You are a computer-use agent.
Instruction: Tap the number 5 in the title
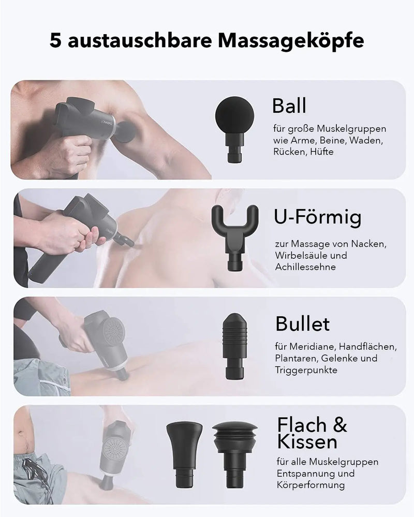[x=56, y=40]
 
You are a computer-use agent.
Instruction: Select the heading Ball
[x=289, y=106]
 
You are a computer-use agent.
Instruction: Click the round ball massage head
[x=235, y=128]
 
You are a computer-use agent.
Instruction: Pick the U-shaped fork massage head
[x=235, y=238]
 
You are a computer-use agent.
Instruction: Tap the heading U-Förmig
[x=317, y=218]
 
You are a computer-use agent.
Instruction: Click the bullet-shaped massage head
[x=235, y=346]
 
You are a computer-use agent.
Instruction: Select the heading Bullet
[x=302, y=324]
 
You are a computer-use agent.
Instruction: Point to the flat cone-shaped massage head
[x=184, y=454]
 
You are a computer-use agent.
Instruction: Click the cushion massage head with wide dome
[x=234, y=454]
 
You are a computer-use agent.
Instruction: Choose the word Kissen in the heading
[x=307, y=441]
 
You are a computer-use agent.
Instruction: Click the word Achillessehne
[x=305, y=267]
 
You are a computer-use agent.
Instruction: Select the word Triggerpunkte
[x=306, y=370]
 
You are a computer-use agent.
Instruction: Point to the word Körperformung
[x=310, y=485]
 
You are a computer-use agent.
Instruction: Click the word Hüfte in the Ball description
[x=321, y=152]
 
